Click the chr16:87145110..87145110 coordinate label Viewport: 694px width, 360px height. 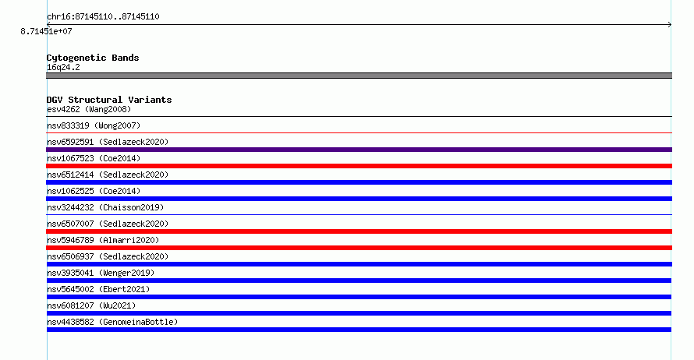[x=103, y=17]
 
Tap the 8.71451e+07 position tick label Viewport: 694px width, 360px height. [x=47, y=31]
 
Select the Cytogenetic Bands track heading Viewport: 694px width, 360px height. [x=93, y=58]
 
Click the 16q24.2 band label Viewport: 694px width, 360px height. [x=63, y=67]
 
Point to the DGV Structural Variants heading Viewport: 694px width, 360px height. [x=109, y=100]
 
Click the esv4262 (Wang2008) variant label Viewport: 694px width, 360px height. [x=89, y=109]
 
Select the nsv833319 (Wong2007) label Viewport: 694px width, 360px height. [x=94, y=125]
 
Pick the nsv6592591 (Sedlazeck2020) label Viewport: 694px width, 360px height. [x=108, y=142]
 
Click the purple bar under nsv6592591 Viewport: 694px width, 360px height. [x=359, y=150]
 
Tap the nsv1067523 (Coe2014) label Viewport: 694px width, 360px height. [x=94, y=158]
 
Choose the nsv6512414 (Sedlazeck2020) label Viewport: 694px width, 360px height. [x=108, y=175]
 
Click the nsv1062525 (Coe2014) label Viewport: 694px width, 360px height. [x=94, y=191]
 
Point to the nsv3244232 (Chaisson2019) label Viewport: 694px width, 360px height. [x=105, y=207]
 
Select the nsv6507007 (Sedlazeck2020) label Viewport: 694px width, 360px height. [x=108, y=224]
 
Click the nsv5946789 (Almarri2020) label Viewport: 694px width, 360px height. [x=103, y=240]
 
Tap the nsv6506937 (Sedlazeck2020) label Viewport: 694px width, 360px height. [x=108, y=256]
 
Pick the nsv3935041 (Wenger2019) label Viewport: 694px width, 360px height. [x=101, y=273]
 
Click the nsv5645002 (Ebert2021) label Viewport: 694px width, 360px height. [x=98, y=289]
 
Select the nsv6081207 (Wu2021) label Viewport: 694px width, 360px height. [x=91, y=305]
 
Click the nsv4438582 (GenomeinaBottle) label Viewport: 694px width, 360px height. [x=112, y=322]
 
